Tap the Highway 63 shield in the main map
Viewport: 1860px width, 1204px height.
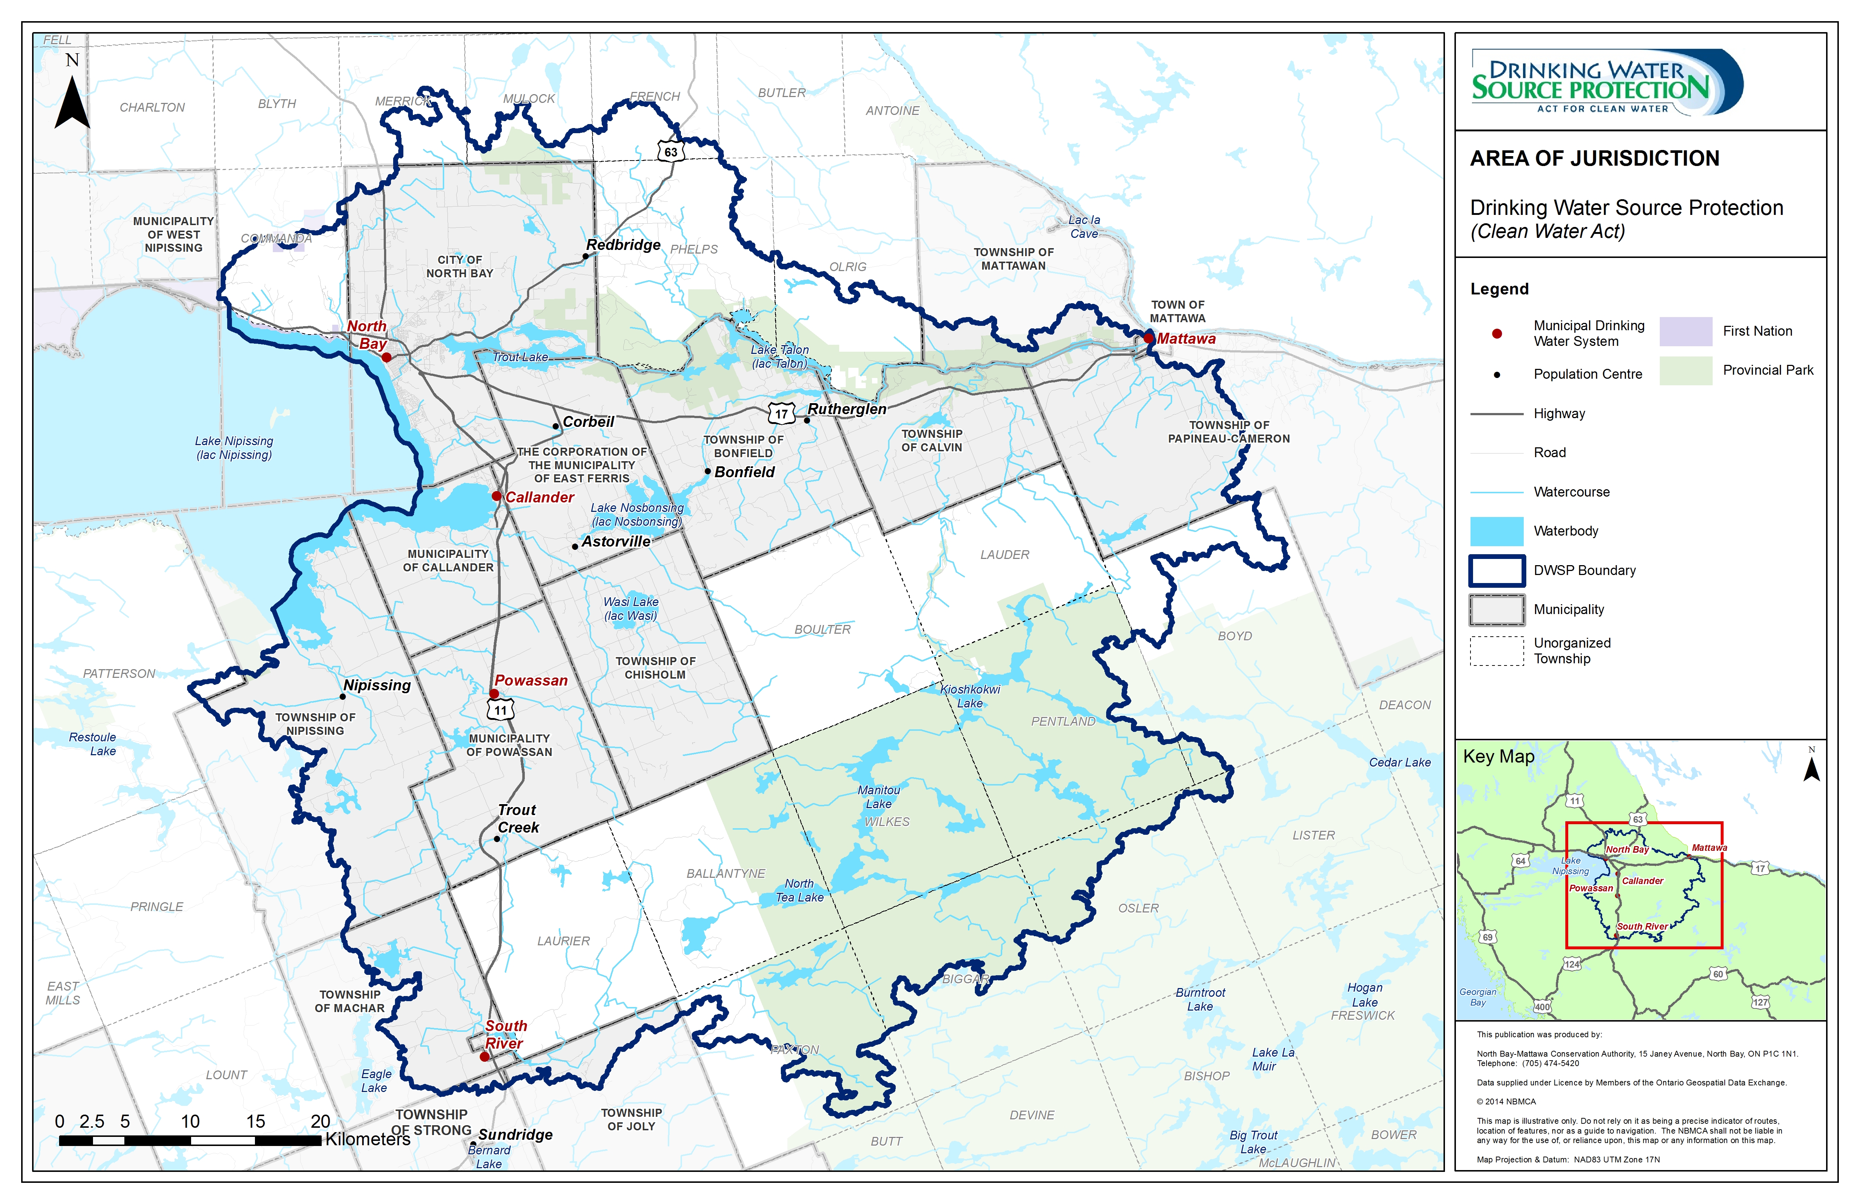click(671, 152)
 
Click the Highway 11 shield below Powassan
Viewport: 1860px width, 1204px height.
click(500, 710)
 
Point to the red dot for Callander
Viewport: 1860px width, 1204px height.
click(496, 496)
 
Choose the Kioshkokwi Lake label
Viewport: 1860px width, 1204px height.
click(970, 696)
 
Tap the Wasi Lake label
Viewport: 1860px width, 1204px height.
click(631, 608)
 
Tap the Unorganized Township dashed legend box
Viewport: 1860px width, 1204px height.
click(1497, 651)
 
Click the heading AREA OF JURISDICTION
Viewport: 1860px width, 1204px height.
click(1594, 159)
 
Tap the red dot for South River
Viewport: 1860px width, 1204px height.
click(485, 1056)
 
